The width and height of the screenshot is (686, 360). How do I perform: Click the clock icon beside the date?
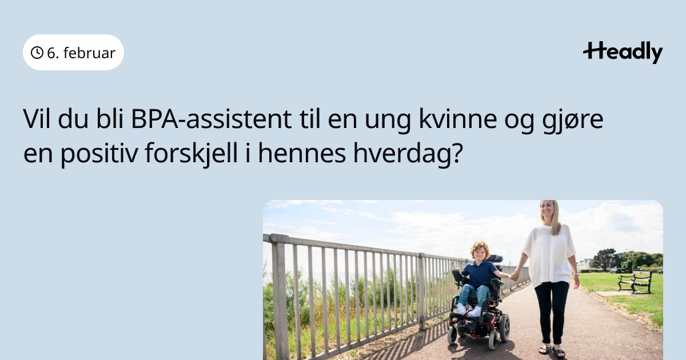(x=37, y=53)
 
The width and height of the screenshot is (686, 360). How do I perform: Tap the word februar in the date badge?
(x=89, y=53)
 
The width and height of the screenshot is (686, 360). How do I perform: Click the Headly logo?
(x=623, y=52)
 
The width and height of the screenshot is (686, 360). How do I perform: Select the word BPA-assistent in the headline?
(x=212, y=119)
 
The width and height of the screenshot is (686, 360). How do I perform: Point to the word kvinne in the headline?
(x=457, y=119)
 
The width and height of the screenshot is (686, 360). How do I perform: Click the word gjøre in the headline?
(x=572, y=121)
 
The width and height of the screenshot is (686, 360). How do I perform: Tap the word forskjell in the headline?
(x=191, y=154)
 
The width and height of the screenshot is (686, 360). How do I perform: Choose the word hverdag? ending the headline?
(x=408, y=154)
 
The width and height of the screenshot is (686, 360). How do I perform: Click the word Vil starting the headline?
(x=37, y=119)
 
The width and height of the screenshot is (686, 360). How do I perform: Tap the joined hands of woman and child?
(x=514, y=277)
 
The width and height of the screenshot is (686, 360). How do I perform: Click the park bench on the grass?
(x=635, y=282)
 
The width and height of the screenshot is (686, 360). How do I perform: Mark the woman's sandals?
(x=552, y=350)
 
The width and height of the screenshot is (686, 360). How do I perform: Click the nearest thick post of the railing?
(x=280, y=298)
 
